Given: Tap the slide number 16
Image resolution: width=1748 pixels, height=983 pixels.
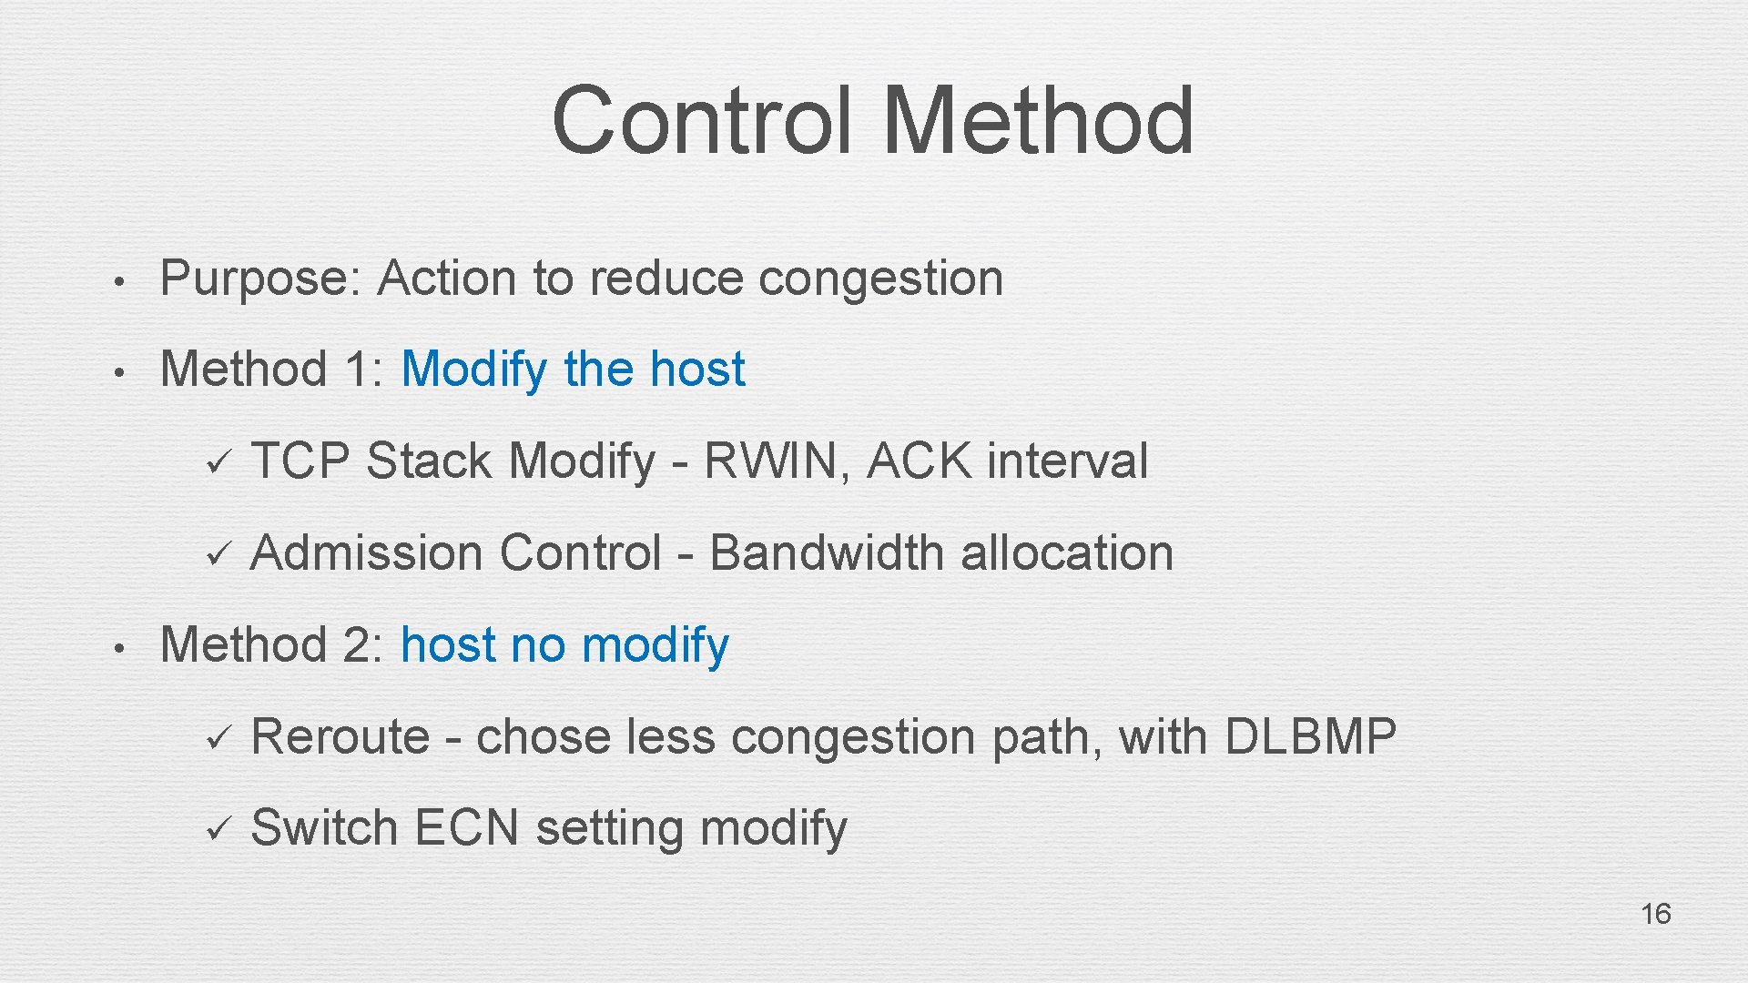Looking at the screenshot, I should tap(1655, 913).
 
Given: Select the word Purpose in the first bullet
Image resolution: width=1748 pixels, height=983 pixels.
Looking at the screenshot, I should tap(260, 279).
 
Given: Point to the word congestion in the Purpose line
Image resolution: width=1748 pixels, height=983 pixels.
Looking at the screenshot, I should tap(880, 279).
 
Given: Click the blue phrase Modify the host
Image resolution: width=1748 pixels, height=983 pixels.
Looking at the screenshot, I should tap(573, 370).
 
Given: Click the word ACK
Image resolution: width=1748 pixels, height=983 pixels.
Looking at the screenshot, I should tap(920, 461).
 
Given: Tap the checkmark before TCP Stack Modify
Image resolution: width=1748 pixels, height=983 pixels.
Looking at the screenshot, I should tap(218, 462).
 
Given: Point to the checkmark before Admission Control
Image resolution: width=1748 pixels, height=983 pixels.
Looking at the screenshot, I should tap(218, 554).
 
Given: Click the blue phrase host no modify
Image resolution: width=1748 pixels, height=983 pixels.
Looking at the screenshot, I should tap(564, 645).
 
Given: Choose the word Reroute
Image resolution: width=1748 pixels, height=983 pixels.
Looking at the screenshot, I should tap(340, 736).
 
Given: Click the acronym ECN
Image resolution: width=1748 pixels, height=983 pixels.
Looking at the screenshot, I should tap(466, 828).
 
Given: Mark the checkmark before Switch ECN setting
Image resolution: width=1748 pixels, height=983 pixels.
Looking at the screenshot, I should tap(218, 829).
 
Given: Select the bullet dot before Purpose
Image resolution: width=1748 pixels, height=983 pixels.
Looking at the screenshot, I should tap(117, 281).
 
